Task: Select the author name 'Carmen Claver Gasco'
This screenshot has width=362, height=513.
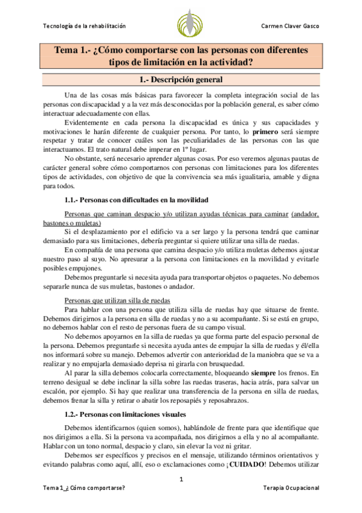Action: point(289,27)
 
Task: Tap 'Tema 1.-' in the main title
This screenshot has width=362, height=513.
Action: point(73,50)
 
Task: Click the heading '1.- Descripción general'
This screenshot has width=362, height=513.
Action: point(181,80)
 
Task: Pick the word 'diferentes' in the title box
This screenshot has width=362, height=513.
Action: point(283,50)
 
